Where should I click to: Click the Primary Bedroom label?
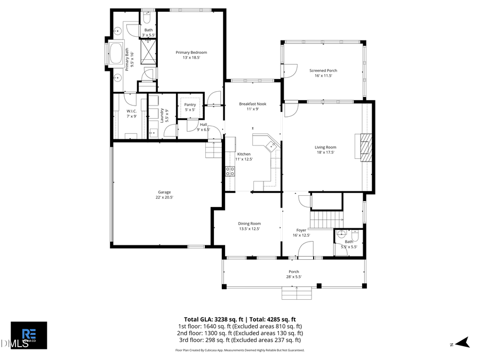pos(191,52)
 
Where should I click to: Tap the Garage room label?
pos(164,192)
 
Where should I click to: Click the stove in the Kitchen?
pos(230,171)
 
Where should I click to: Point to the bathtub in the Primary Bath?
pos(116,54)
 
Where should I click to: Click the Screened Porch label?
pos(323,70)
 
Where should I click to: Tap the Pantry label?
pos(190,105)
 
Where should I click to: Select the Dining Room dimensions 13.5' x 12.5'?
pos(250,229)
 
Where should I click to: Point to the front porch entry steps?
pos(297,293)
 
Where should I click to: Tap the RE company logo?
pos(29,335)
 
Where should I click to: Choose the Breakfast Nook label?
pos(252,104)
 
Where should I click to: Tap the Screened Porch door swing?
pos(291,69)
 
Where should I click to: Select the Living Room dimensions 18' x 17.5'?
pos(325,153)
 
